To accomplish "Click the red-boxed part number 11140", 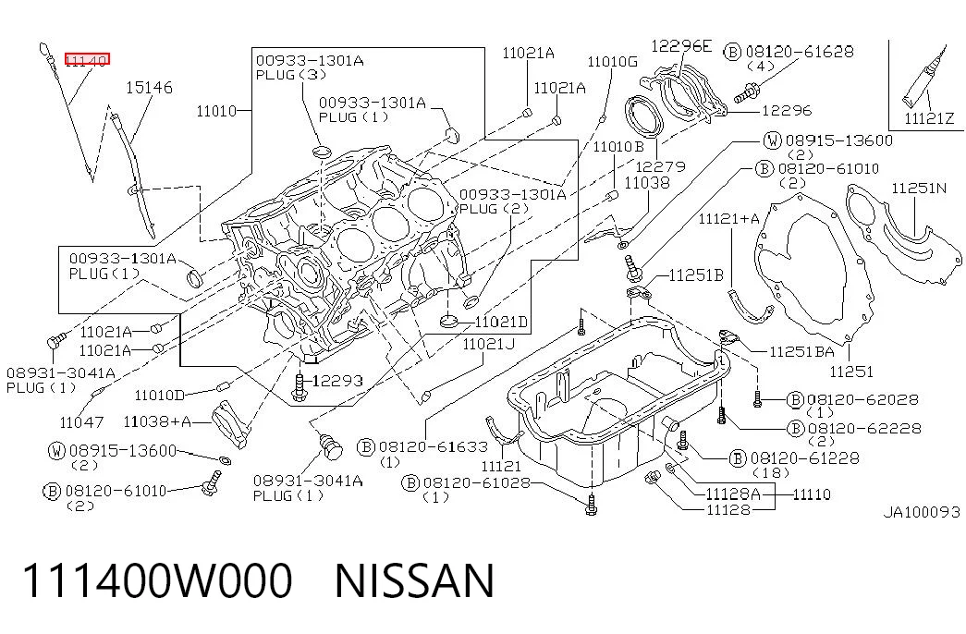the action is (x=88, y=60).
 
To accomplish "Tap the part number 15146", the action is (x=149, y=88).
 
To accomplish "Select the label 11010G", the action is (x=612, y=62).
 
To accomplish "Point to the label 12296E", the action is (x=680, y=45).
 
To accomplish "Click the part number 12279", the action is (x=660, y=166).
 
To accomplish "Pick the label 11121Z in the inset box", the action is (x=929, y=118).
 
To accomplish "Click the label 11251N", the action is (x=919, y=188).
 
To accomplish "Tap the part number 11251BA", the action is (x=802, y=351).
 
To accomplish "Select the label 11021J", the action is (x=488, y=344).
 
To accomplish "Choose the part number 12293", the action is (x=337, y=381).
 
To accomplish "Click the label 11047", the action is (x=81, y=422).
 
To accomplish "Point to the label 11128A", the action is (x=733, y=494).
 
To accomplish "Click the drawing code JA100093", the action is (x=922, y=512).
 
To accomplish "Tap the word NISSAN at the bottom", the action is (x=415, y=580).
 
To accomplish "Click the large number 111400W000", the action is (x=157, y=580).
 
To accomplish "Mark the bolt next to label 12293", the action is (x=300, y=387).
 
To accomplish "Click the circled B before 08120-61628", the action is (x=732, y=52).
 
